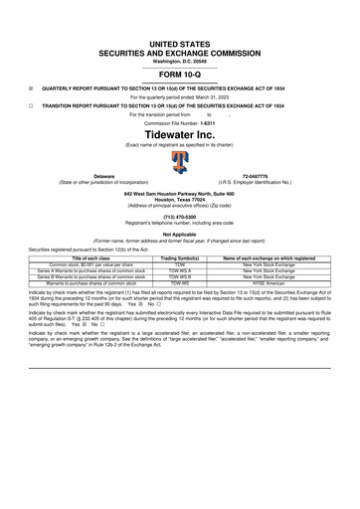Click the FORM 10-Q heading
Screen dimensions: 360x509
(180, 75)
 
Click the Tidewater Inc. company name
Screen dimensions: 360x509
(180, 132)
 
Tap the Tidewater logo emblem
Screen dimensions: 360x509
(180, 161)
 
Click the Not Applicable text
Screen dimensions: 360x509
(180, 234)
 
